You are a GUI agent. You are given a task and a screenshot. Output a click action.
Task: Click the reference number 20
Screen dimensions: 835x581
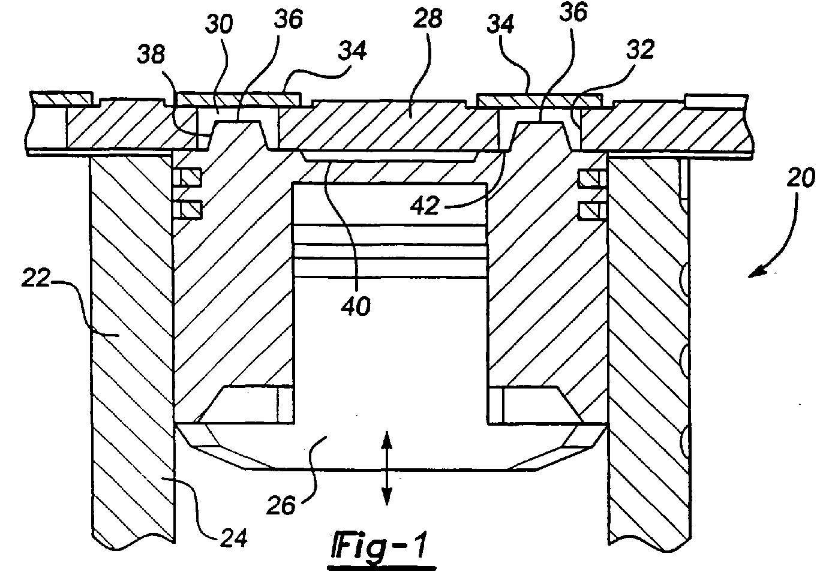point(801,177)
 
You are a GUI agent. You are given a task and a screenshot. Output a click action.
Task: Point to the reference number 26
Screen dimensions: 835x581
point(281,505)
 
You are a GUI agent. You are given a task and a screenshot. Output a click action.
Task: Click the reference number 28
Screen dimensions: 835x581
point(428,18)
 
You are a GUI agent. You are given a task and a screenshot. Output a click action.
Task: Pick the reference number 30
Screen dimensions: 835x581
point(219,24)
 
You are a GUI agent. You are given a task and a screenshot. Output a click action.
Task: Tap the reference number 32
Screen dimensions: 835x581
point(640,49)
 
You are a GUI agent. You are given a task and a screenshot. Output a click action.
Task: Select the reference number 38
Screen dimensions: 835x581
point(151,54)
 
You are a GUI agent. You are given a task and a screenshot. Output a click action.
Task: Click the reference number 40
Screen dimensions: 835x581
point(356,306)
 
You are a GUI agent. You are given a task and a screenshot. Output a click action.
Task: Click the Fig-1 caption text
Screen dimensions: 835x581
point(379,546)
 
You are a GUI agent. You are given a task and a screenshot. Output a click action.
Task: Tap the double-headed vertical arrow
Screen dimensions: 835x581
point(386,468)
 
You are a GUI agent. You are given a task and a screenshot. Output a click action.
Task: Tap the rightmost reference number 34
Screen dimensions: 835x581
point(501,23)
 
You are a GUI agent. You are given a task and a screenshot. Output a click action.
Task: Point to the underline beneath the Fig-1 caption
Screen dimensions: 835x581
point(382,568)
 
